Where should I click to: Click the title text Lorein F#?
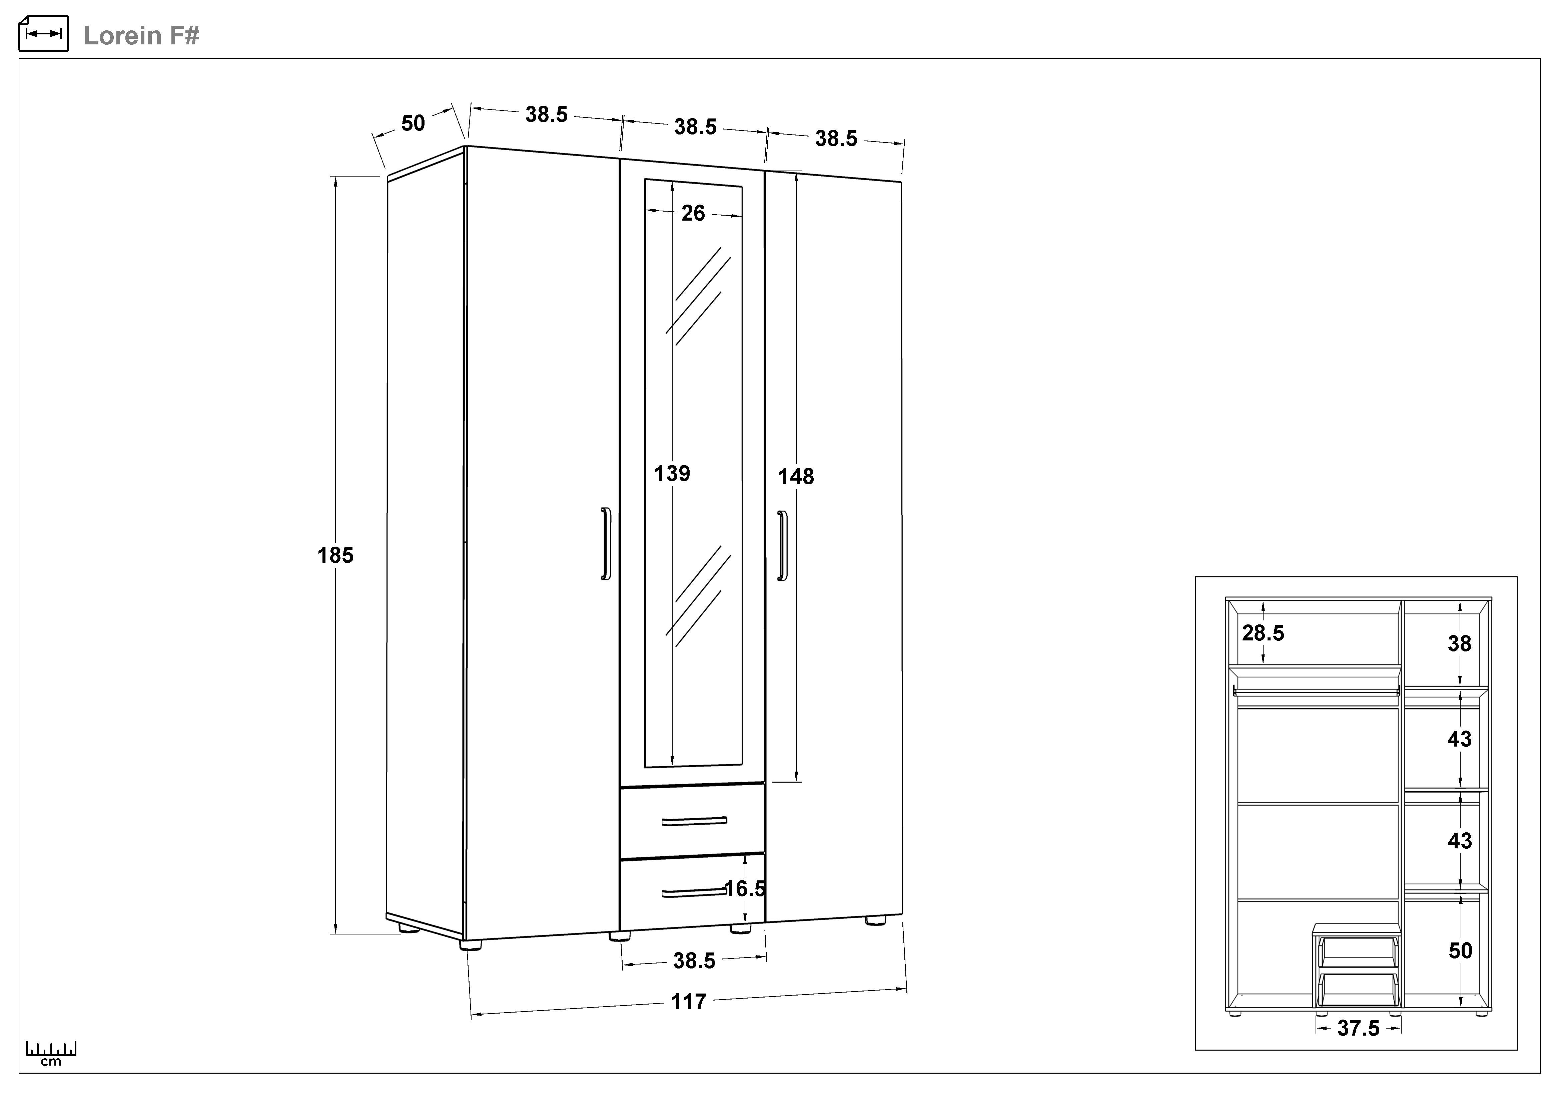point(141,35)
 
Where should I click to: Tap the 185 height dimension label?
point(336,555)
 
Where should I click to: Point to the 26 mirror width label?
point(693,214)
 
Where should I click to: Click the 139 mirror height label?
point(672,473)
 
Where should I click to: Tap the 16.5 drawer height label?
point(745,888)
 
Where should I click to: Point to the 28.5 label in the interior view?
point(1263,633)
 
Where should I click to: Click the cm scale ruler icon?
point(51,1052)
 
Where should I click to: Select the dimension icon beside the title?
point(43,33)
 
